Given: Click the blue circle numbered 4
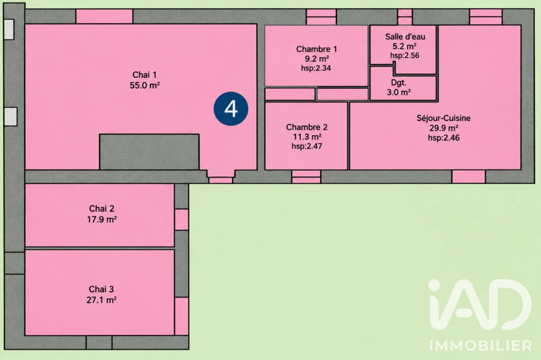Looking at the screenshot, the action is coord(231,109).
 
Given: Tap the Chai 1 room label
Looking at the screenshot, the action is coord(145,75).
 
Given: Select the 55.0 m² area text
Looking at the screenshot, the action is coord(145,85).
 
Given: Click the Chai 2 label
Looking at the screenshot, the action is coord(101,209).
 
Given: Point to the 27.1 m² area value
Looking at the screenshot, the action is coord(101,300).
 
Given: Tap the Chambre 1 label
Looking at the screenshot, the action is coord(316,49).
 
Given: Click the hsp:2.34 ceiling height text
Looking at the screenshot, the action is coord(316,68).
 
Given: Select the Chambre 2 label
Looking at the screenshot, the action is coord(307,127).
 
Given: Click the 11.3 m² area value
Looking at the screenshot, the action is coord(307,137).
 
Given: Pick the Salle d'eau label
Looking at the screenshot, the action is coord(405,36).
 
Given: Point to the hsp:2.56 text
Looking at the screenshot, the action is coord(405,55).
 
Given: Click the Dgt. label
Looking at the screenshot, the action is coord(398,82).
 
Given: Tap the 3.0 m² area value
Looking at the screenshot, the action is coord(398,92).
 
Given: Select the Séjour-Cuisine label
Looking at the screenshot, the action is coord(443,118).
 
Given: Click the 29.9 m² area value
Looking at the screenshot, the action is coord(444,128).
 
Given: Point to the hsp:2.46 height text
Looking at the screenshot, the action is coord(444,138).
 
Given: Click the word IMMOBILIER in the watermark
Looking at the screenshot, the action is coord(481,345).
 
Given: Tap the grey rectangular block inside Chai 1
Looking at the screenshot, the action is coord(150,151).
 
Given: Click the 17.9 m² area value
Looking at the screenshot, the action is coord(102,219).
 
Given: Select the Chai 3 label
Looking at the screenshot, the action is coord(101,289).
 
